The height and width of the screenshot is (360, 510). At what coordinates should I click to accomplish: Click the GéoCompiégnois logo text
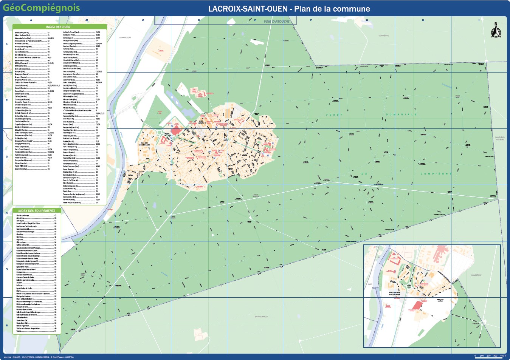click(41, 8)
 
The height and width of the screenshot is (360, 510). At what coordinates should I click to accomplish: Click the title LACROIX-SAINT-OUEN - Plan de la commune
click(289, 9)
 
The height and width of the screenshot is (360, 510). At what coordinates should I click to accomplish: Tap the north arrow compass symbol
click(496, 31)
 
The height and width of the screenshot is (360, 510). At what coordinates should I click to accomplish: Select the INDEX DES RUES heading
click(58, 27)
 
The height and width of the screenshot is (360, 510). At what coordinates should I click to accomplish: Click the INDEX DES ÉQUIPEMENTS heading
click(37, 211)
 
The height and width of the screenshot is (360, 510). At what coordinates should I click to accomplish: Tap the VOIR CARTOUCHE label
click(276, 22)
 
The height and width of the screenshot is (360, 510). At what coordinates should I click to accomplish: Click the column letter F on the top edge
click(311, 20)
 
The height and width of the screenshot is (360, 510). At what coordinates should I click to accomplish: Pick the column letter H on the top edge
click(423, 20)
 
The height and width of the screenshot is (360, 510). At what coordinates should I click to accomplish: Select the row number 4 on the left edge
click(7, 213)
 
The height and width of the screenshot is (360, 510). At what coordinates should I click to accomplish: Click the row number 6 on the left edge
click(7, 325)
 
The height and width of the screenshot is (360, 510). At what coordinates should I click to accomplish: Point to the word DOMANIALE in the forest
click(401, 114)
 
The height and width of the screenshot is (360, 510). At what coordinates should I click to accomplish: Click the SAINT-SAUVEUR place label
click(261, 317)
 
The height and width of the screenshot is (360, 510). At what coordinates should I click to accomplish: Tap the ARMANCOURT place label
click(125, 37)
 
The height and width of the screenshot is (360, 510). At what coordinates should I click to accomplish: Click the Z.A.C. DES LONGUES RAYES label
click(144, 144)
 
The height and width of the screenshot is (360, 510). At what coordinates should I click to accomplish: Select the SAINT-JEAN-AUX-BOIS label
click(500, 138)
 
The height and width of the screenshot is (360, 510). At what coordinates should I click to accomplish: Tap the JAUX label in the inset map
click(370, 284)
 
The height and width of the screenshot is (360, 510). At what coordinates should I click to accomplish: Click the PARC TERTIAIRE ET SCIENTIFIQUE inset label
click(394, 293)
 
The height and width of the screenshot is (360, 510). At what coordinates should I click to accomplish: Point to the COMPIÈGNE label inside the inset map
click(476, 275)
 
